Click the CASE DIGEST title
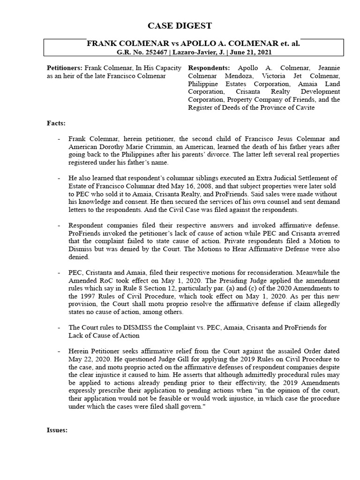[180, 25]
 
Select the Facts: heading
[56, 123]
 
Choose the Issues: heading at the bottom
[58, 430]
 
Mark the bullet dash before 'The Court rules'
[59, 327]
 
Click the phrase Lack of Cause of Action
[102, 335]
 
